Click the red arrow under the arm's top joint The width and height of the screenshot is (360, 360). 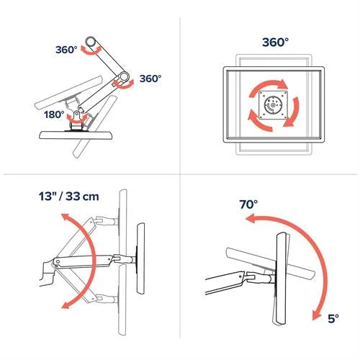pyautogui.click(x=90, y=50)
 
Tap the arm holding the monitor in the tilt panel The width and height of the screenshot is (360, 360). pyautogui.click(x=230, y=279)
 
